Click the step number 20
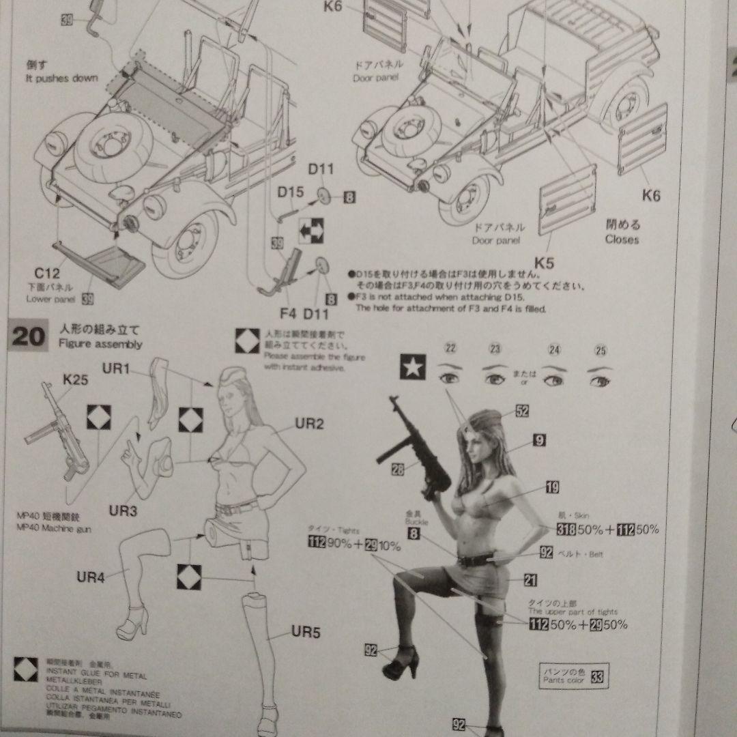pos(27,336)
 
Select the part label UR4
pos(90,578)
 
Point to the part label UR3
pos(124,510)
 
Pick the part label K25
pos(75,379)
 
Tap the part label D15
pos(290,192)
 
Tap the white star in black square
pos(411,369)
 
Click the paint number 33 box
pos(597,678)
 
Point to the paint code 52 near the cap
pos(523,411)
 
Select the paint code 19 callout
pos(552,487)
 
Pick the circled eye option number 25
pos(601,351)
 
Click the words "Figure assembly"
pos(100,345)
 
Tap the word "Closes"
pos(622,240)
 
